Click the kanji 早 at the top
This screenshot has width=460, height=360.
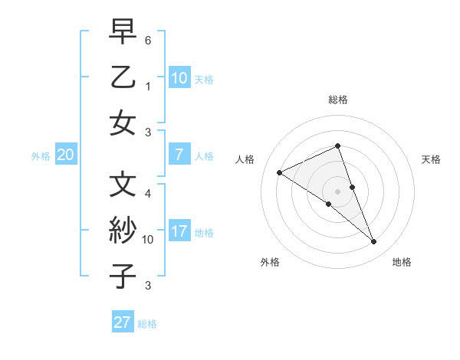click(123, 33)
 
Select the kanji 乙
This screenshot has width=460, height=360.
click(123, 78)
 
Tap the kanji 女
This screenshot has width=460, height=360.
click(123, 123)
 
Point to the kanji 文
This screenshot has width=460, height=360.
click(123, 185)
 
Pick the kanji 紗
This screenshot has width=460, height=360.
click(123, 231)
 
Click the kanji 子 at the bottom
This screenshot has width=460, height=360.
click(123, 276)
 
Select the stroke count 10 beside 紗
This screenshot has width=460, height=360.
click(148, 240)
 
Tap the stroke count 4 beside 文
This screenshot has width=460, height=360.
click(148, 193)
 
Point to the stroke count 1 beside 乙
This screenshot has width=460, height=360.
click(148, 87)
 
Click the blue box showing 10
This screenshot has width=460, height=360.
click(179, 77)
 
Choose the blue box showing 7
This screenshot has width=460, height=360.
click(179, 155)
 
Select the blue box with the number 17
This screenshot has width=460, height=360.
click(179, 231)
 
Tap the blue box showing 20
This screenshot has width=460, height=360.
click(65, 155)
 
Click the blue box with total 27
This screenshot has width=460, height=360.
click(122, 322)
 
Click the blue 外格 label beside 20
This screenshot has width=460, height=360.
click(41, 156)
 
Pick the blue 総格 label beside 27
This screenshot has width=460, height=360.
click(147, 324)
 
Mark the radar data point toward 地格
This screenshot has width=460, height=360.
click(374, 242)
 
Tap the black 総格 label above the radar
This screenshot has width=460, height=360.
click(338, 100)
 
